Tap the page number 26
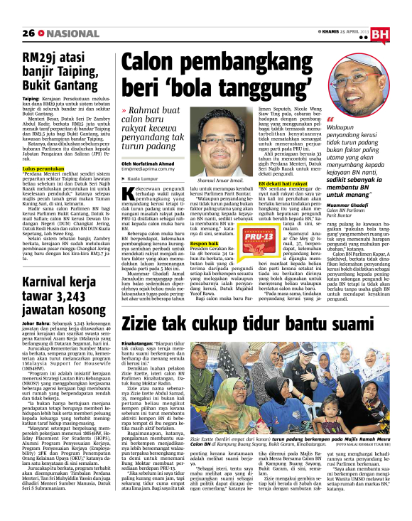[x=28, y=33]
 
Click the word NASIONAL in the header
[x=63, y=33]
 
